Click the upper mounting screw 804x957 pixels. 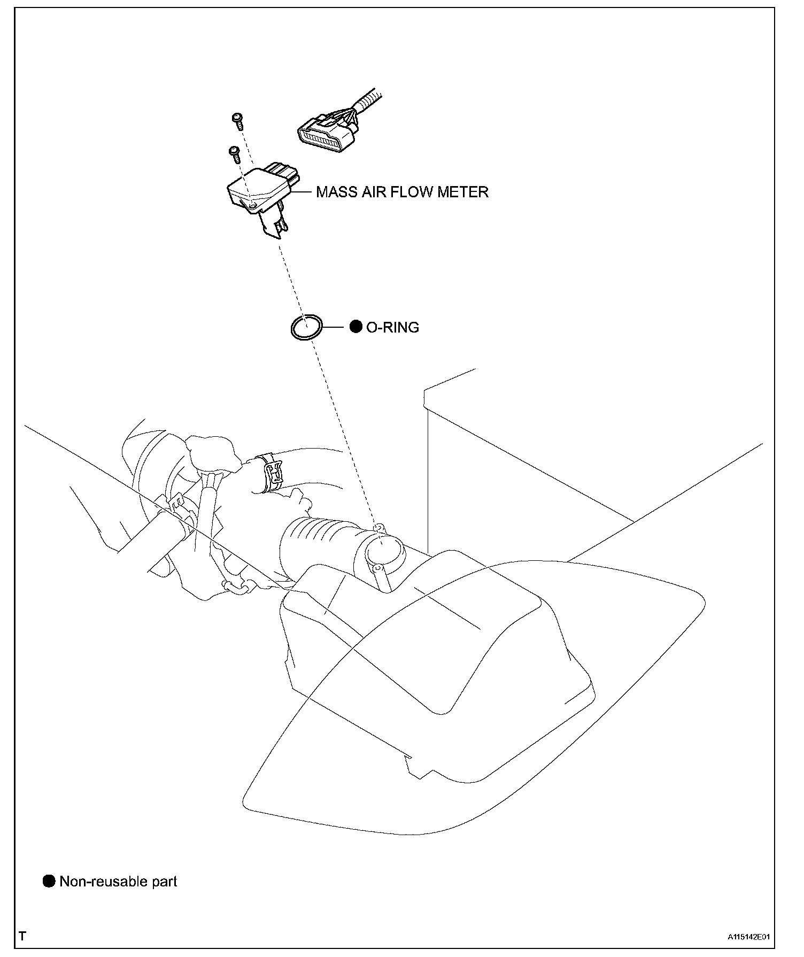tap(237, 120)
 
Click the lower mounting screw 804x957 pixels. tap(234, 155)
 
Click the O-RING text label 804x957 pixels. tap(392, 327)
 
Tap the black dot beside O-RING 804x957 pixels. tap(355, 327)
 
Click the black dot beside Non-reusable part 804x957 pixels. tap(49, 882)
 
